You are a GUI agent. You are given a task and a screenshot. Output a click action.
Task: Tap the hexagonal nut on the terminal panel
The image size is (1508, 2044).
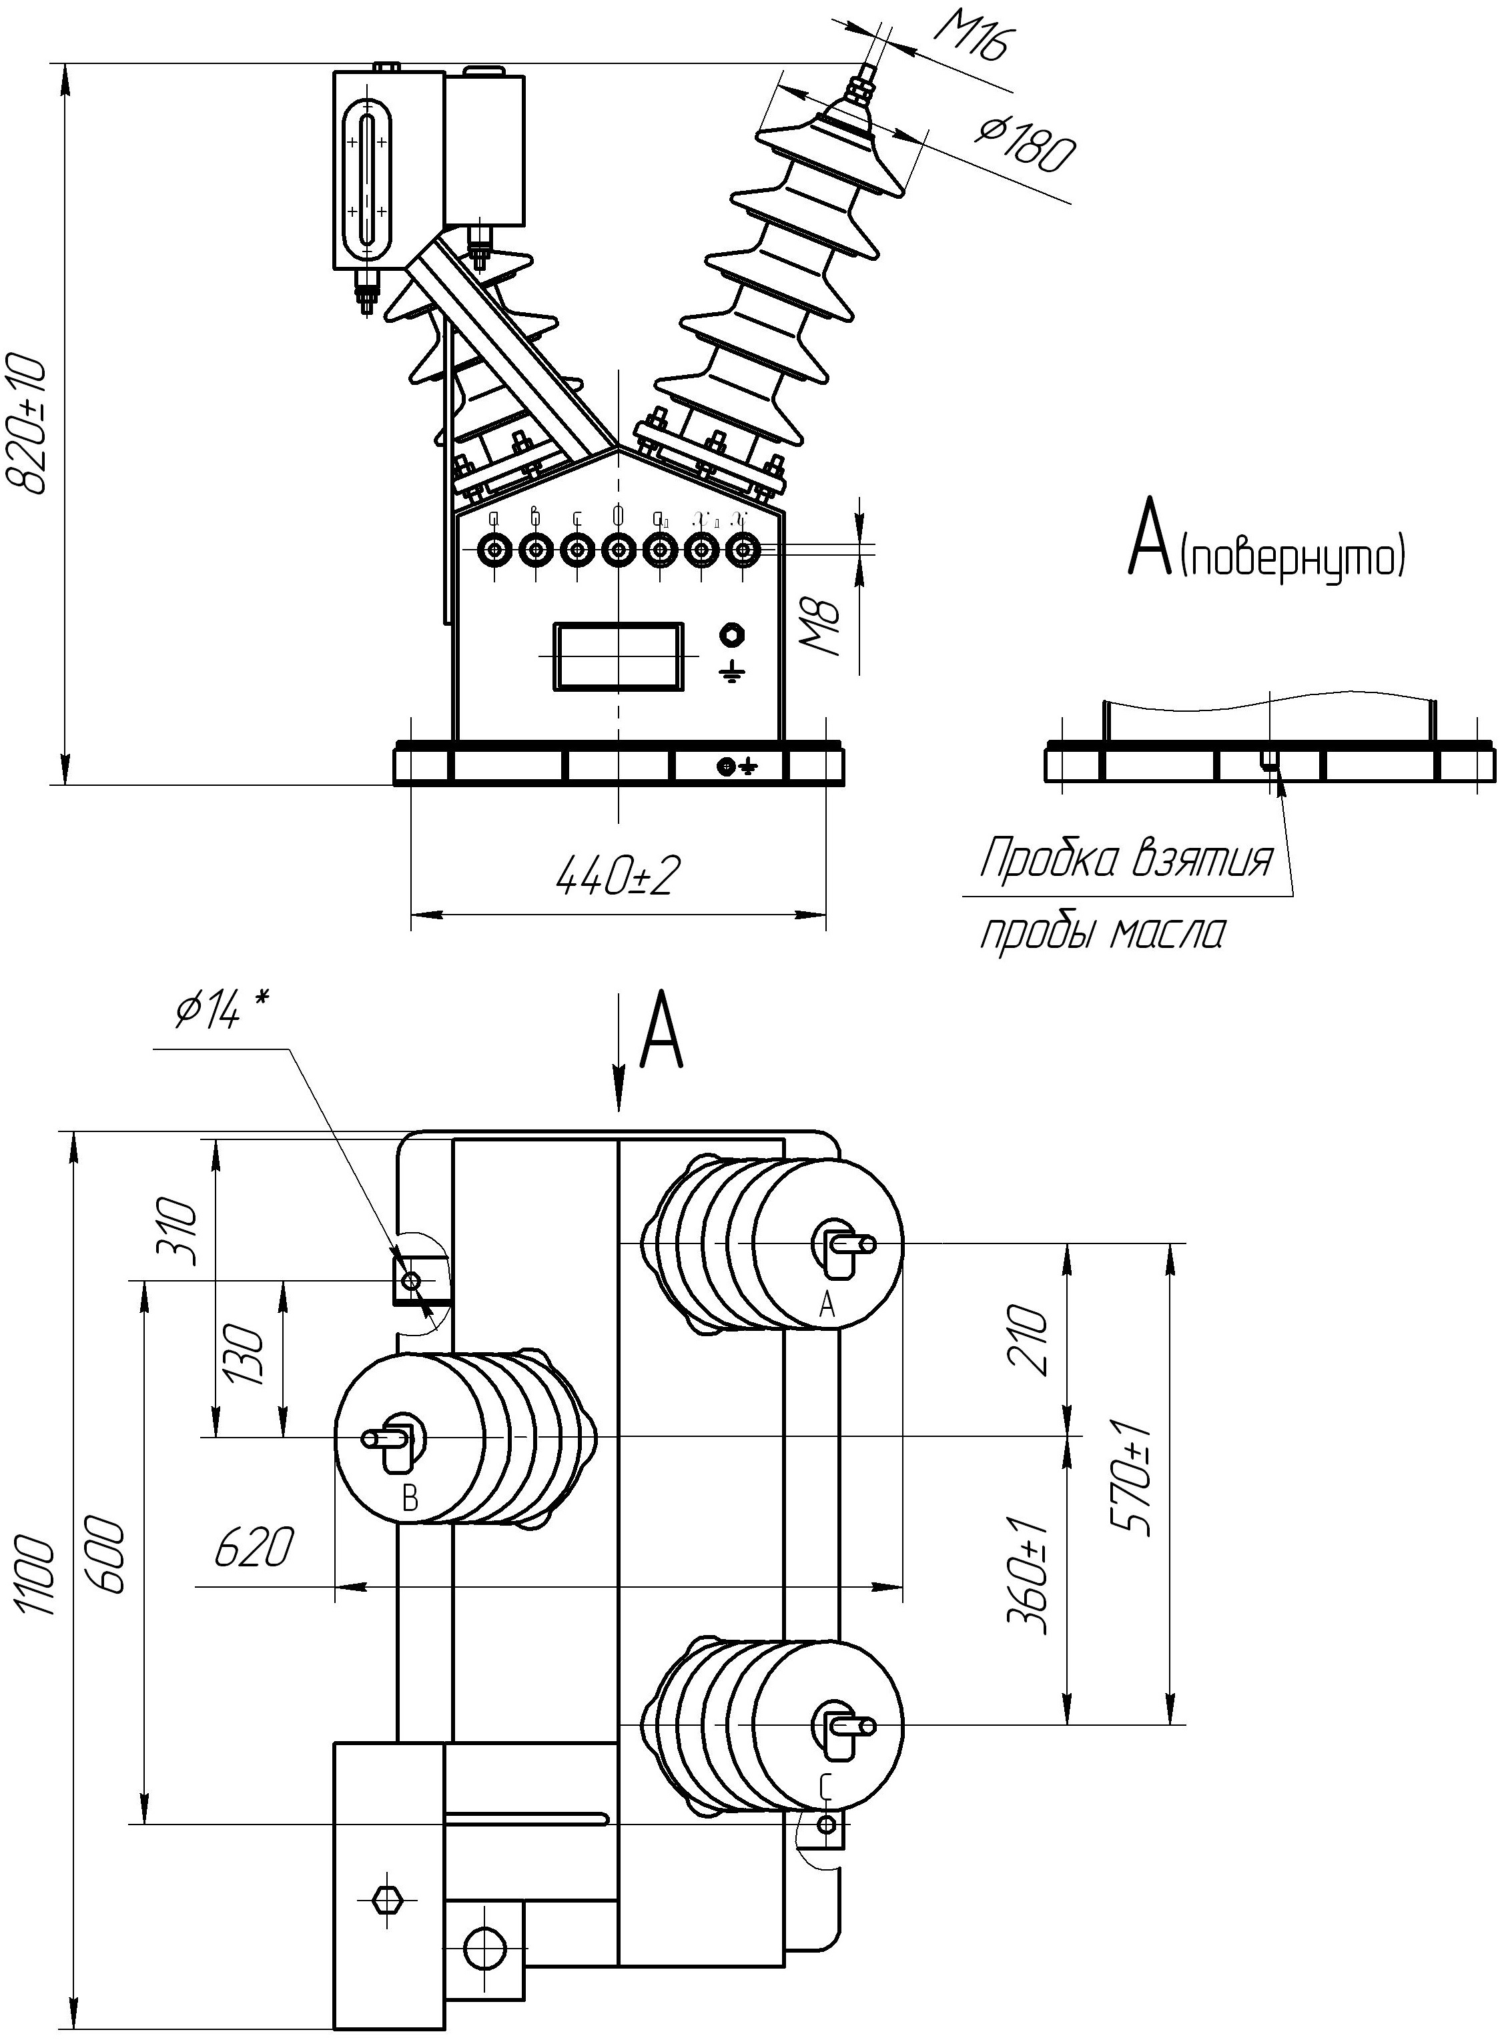pos(732,634)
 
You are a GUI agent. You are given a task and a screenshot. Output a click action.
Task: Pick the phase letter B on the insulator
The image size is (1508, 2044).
pos(410,1498)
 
